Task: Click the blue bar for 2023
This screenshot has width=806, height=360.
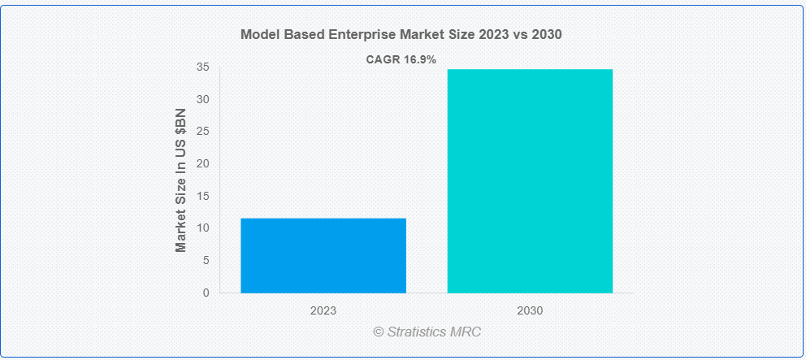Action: click(323, 255)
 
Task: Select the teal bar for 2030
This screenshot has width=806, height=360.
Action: click(530, 180)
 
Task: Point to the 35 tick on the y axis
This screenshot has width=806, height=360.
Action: click(202, 67)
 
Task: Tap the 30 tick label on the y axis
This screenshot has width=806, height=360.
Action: click(202, 99)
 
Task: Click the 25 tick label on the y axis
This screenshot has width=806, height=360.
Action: click(202, 132)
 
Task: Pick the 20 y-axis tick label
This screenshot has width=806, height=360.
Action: click(202, 163)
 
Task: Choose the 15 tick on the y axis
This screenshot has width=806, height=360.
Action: click(202, 196)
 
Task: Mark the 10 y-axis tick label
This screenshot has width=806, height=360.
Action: click(202, 228)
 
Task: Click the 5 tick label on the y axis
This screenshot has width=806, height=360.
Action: click(206, 260)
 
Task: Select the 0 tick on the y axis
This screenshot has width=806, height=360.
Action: click(206, 292)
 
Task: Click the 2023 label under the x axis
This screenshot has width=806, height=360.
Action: click(323, 310)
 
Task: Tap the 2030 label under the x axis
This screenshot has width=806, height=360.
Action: click(530, 310)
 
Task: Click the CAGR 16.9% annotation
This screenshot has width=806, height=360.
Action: click(401, 59)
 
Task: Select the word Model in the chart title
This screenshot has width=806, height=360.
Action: click(259, 35)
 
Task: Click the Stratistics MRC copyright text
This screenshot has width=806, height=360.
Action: click(427, 332)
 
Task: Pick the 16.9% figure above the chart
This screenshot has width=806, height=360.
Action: click(419, 59)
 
